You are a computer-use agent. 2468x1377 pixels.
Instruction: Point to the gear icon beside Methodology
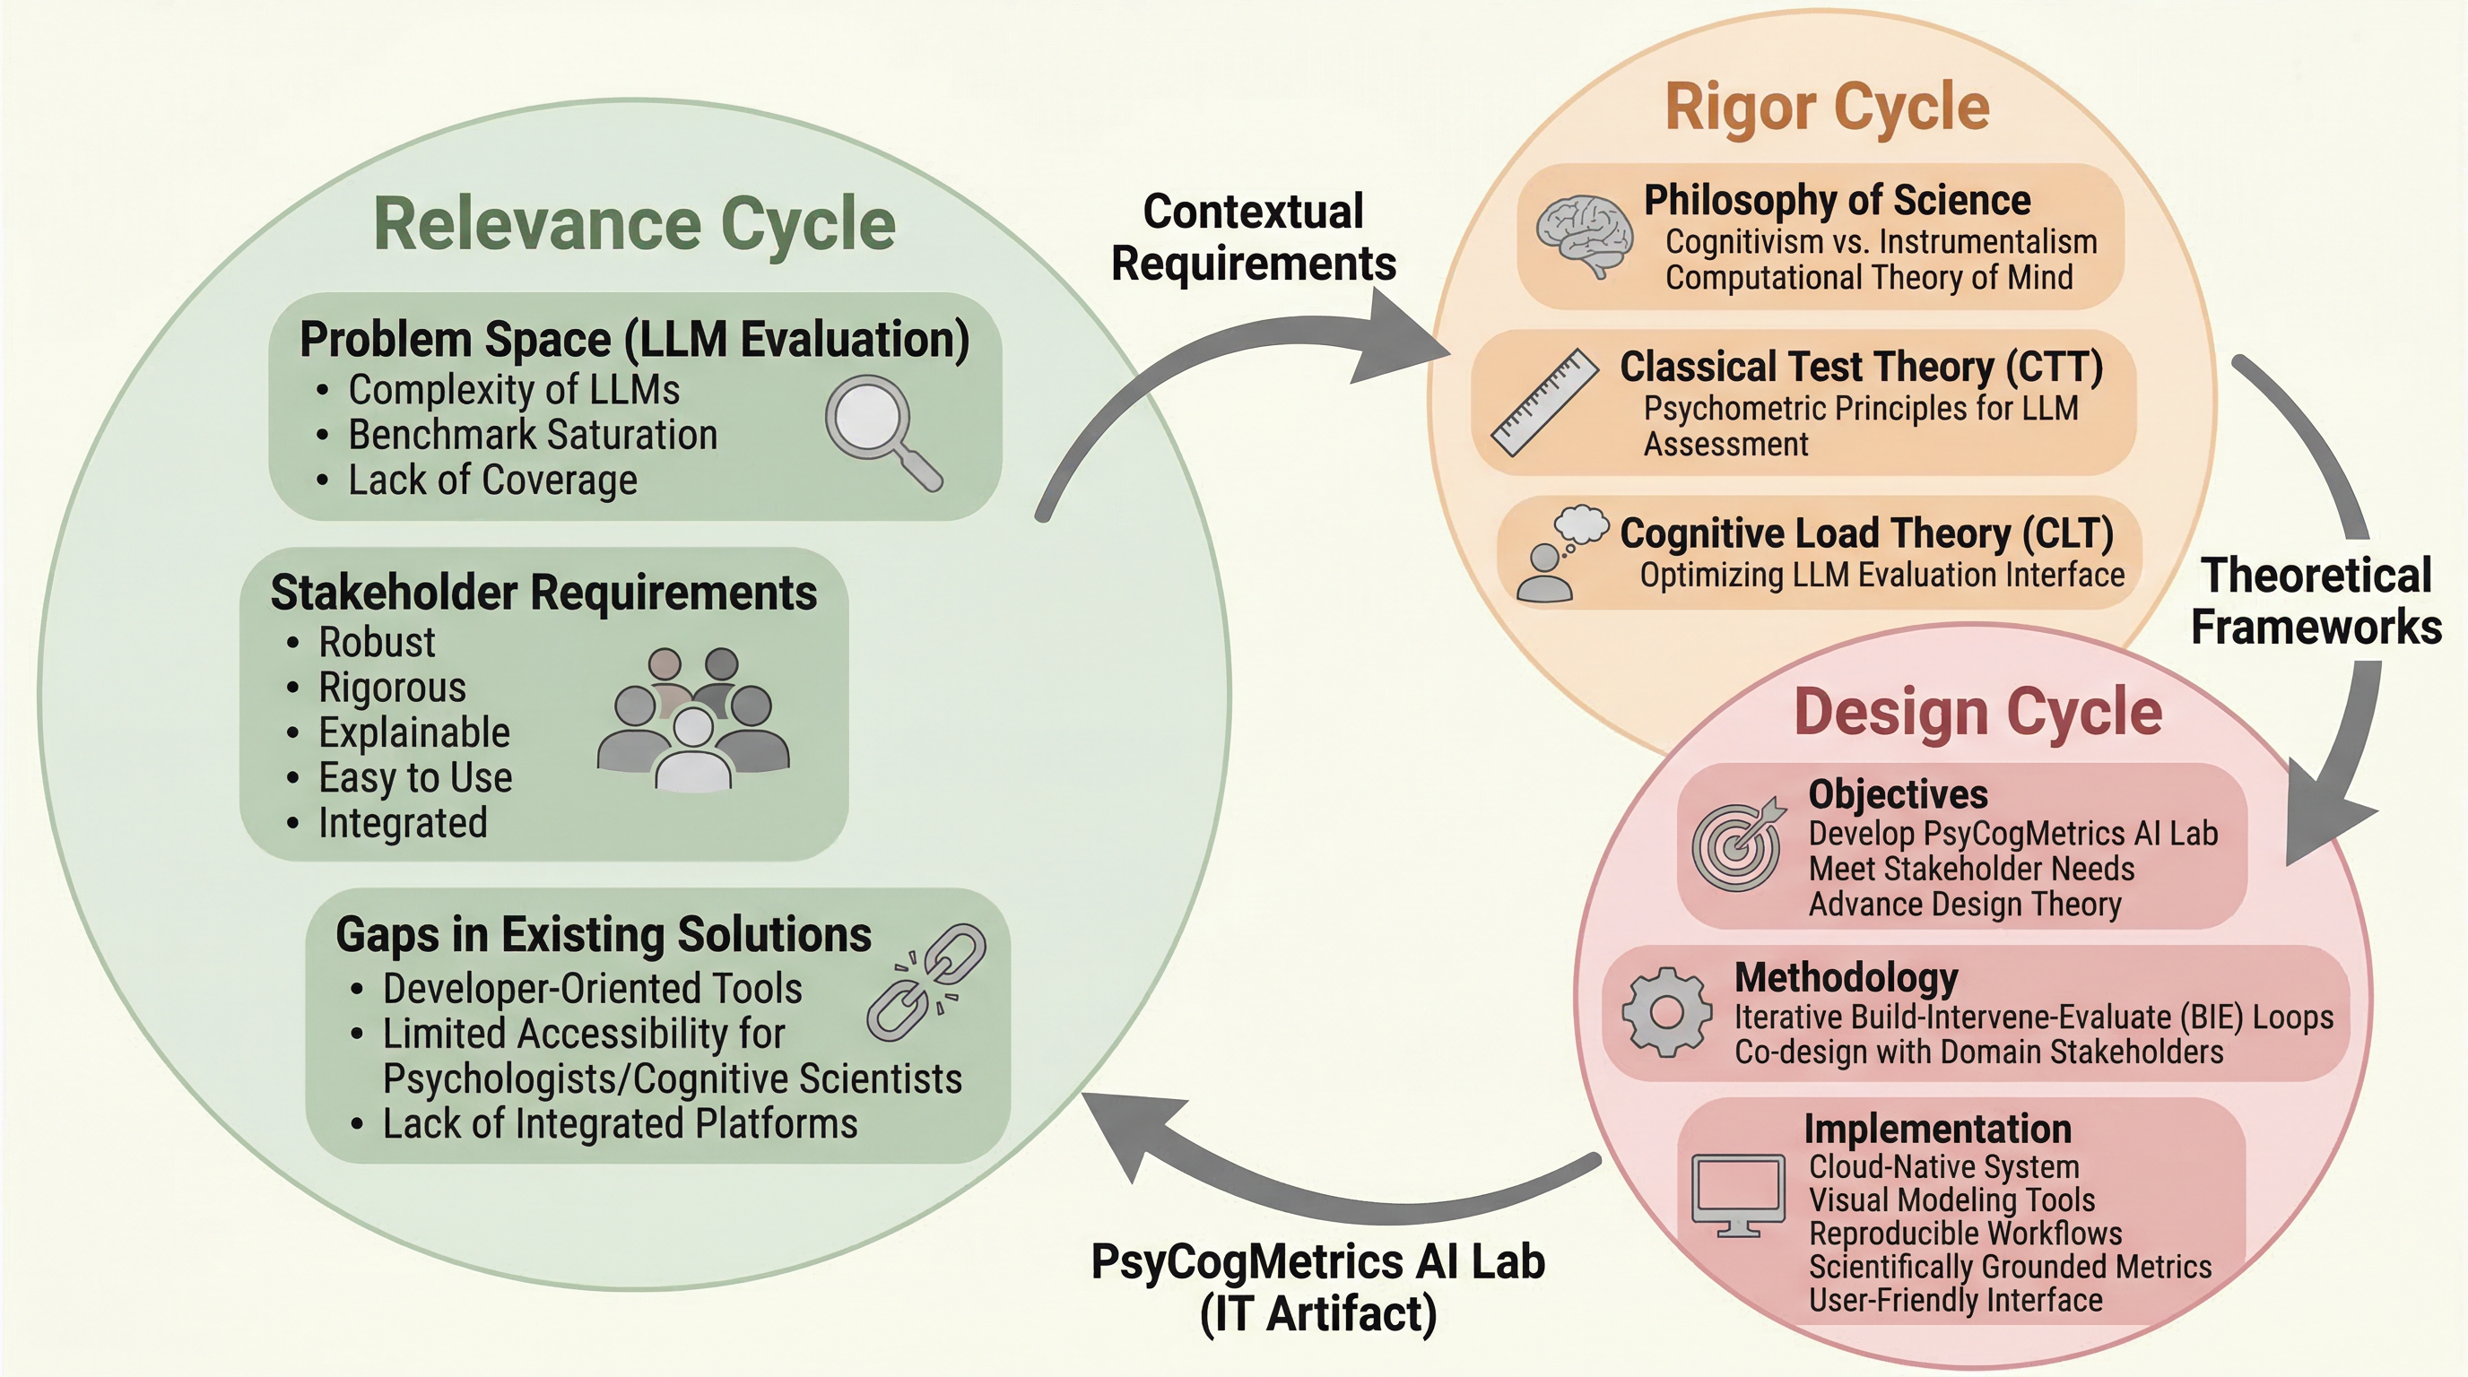1666,1012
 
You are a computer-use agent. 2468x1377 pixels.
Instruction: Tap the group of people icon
692,720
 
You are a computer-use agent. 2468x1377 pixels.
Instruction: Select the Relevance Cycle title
634,224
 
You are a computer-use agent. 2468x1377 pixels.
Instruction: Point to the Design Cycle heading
1977,713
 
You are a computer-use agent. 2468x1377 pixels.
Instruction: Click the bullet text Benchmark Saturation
533,435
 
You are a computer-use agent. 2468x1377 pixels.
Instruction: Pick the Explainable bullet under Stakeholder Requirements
414,732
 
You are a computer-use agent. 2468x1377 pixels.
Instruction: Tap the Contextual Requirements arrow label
1253,238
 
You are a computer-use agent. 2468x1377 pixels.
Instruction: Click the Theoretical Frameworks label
2316,602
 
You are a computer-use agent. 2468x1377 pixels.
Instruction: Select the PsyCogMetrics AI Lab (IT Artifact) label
1318,1287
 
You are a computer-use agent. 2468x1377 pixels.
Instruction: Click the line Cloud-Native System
1944,1166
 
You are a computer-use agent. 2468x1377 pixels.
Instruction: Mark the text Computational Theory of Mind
1868,278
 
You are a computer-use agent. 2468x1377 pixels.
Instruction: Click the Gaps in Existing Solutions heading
604,935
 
